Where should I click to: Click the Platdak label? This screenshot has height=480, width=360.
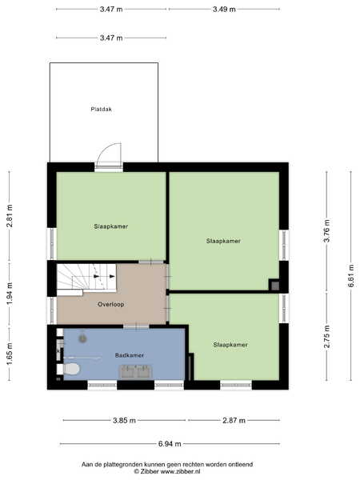coord(101,109)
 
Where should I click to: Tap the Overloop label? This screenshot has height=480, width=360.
coord(111,304)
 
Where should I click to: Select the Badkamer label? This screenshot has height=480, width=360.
coord(129,355)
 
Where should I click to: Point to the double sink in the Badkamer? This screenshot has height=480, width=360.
coord(135,372)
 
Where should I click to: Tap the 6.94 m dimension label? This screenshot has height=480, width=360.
coord(170,443)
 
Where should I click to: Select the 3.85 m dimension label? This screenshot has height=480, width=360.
coord(124,420)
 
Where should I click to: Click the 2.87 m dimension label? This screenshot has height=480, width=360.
coord(234,420)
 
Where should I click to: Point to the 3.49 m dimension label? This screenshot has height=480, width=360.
coord(224,9)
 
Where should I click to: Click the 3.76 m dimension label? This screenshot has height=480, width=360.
coord(327,231)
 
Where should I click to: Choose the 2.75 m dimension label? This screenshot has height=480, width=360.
coord(327,337)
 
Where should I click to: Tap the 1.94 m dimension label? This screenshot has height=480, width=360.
coord(10,294)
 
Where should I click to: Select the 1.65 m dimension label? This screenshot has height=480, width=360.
coord(10,354)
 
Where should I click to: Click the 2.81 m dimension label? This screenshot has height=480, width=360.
coord(10,216)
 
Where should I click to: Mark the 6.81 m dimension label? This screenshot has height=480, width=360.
coord(351,275)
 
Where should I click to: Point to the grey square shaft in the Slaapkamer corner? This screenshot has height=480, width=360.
coord(275,286)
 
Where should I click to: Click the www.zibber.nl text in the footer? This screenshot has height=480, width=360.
coord(180,471)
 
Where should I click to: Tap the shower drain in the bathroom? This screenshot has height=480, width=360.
coord(82,338)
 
